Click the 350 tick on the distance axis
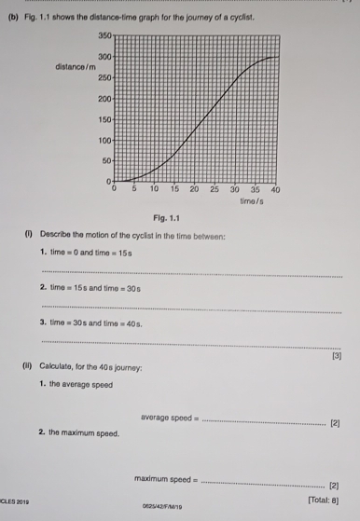(x=104, y=34)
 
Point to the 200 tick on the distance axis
(x=104, y=98)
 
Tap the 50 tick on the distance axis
(x=105, y=160)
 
